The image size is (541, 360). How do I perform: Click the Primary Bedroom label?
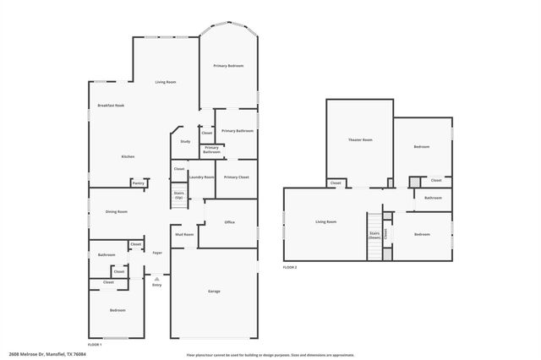point(228,65)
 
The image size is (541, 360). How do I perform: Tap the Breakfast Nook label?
point(111,106)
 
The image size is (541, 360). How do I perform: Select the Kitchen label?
point(128,156)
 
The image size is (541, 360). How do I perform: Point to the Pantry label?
point(138,183)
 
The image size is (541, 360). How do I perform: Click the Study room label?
point(185,141)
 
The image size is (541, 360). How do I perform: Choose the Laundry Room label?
point(201,177)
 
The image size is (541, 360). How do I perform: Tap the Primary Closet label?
point(236,177)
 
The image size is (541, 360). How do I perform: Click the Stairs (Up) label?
point(179,194)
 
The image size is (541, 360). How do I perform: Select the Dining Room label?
point(116,211)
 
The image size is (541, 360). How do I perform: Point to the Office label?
point(229,221)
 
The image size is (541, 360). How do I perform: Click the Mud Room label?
point(183,234)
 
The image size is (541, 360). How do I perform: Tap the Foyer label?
point(157,253)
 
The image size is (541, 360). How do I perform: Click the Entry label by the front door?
point(156,285)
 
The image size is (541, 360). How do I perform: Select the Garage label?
point(214,292)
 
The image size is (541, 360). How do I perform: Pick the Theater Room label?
point(360,139)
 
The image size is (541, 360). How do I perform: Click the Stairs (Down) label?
point(374,236)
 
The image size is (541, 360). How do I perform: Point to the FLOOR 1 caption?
point(95,345)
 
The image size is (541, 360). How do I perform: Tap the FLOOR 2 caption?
point(290,267)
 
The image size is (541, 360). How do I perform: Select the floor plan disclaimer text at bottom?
point(270,355)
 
